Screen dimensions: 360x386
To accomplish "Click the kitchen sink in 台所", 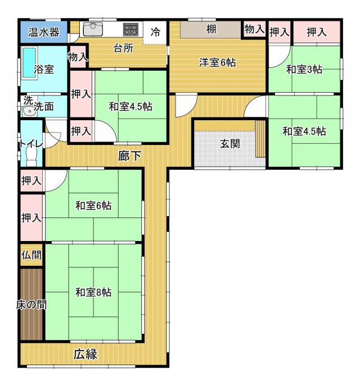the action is [93, 30].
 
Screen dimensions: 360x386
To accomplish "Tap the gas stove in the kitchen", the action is [130, 29].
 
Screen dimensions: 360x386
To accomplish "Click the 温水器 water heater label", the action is [44, 32].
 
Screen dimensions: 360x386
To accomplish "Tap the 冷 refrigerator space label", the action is [155, 32].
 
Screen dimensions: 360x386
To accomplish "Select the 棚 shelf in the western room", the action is [211, 30].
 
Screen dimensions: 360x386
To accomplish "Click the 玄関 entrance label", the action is [230, 143].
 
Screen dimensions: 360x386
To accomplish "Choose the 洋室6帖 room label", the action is [217, 62].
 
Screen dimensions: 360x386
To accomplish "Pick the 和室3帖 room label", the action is [304, 69].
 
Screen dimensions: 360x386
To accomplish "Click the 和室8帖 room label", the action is [93, 292].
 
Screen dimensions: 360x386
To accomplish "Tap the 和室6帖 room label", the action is [93, 205].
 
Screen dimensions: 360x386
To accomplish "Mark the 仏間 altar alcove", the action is [31, 255].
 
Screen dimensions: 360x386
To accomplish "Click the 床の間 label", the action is [31, 305].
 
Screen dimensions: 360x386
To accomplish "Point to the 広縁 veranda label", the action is [85, 354].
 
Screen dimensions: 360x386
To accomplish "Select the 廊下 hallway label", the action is [129, 156].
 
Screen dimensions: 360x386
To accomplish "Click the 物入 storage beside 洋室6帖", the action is [255, 29].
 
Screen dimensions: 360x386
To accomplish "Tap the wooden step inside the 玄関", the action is [260, 139].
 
